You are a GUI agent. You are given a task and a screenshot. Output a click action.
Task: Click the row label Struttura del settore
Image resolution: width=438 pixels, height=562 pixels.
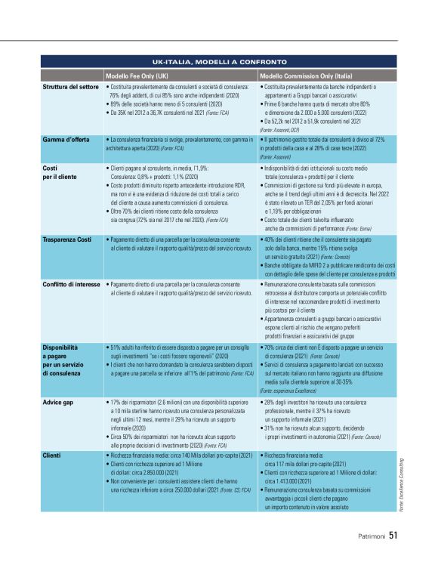point(69,88)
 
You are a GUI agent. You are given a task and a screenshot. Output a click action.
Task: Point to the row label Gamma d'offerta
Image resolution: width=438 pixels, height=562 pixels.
point(62,140)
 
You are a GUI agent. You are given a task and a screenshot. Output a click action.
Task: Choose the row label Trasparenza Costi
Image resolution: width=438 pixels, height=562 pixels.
point(66,239)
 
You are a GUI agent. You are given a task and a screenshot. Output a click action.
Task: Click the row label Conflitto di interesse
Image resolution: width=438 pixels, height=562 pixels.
point(70,280)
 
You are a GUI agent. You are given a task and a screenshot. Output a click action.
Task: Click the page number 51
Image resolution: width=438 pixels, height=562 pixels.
point(392,537)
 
